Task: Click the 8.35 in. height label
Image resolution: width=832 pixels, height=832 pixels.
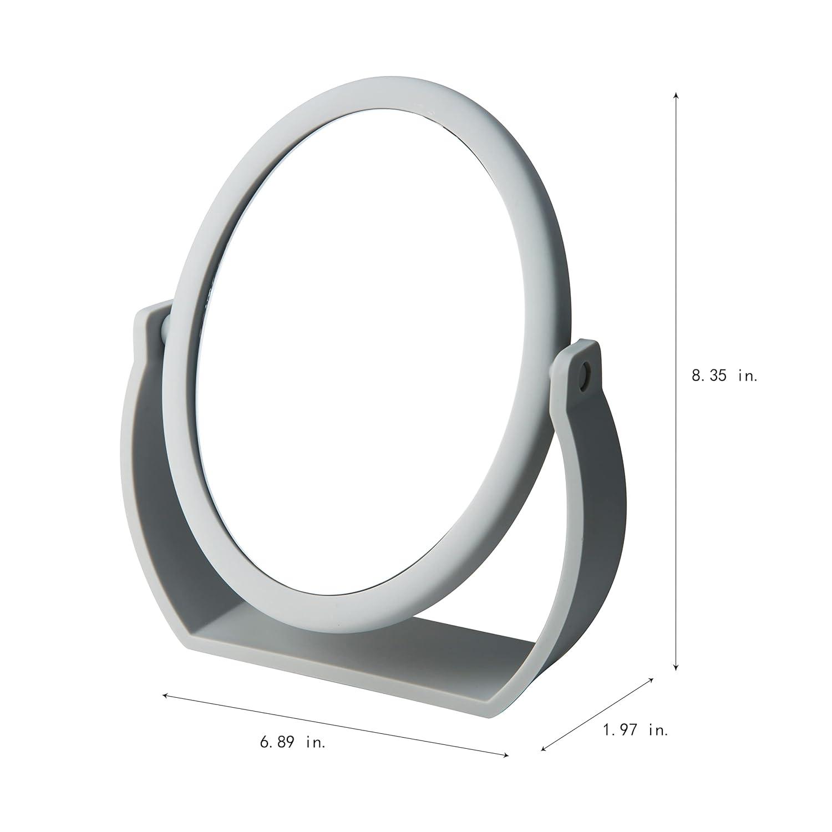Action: coord(724,376)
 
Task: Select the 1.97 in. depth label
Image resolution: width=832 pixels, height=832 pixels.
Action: coord(636,730)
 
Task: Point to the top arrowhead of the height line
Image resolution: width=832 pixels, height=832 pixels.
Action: coord(675,95)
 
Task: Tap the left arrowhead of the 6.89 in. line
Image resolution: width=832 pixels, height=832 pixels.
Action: coord(165,694)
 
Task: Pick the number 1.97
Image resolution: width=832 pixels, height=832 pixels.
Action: coord(619,730)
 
